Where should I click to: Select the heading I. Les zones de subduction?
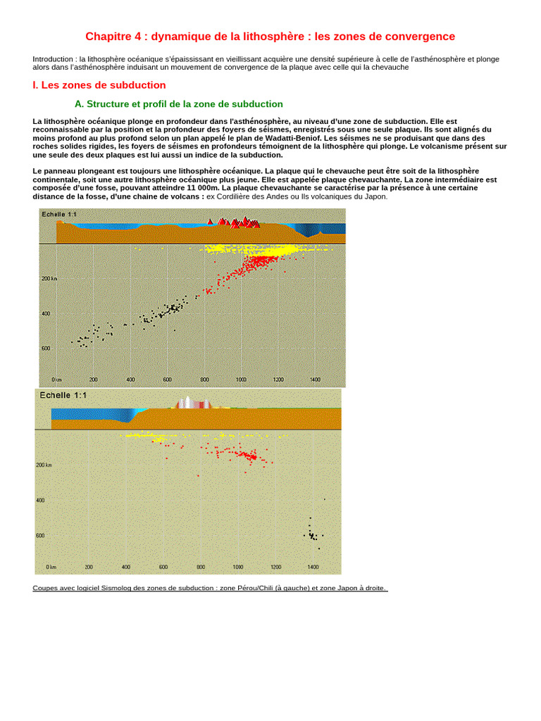[99, 85]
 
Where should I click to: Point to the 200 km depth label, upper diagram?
[50, 279]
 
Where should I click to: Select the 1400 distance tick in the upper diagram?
[315, 380]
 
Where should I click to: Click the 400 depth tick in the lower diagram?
[41, 501]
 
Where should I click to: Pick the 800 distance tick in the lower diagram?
[200, 567]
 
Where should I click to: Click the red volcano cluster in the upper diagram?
[235, 223]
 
